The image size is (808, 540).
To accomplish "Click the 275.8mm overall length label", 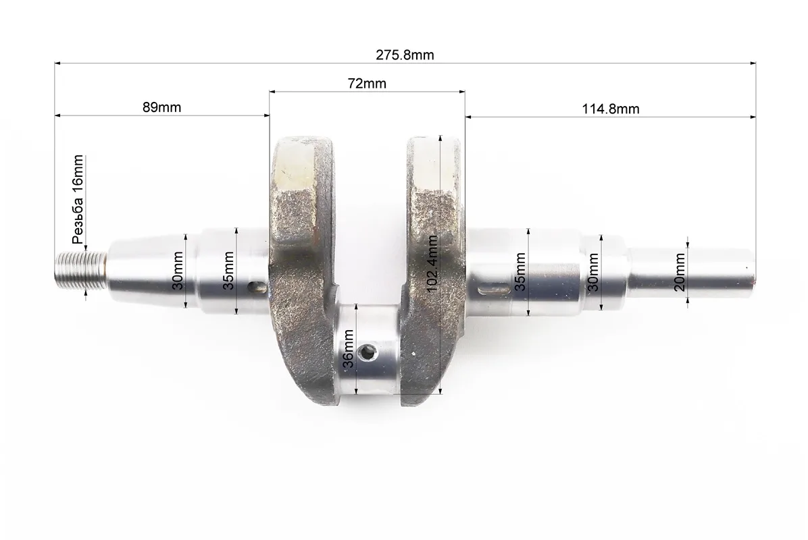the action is point(405,55).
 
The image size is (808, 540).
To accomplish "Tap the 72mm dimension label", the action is point(367,84).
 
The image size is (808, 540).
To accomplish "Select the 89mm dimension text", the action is point(162,107).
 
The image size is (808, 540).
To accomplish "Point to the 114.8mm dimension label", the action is point(611,109).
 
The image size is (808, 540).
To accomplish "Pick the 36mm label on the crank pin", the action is point(349,348).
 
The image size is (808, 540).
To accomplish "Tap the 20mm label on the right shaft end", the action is point(680,272).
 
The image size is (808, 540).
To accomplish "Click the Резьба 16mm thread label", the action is point(78,199).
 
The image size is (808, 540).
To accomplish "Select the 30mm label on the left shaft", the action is point(178,271).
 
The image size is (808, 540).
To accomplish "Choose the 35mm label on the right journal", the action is point(520,272).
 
